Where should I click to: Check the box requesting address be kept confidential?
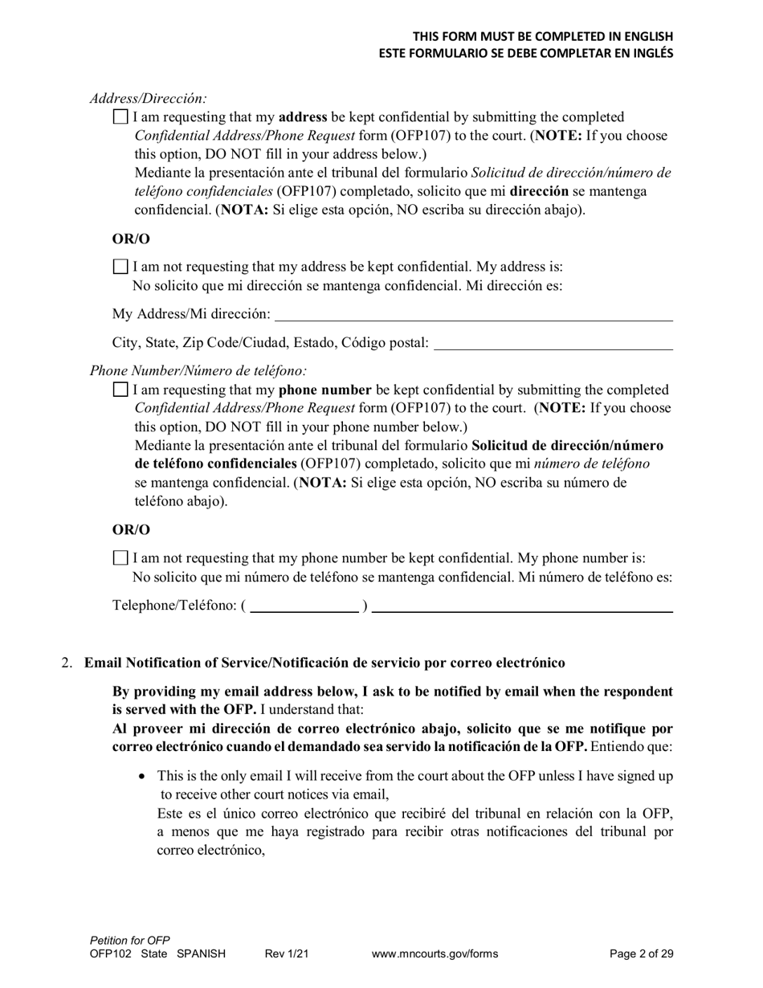(120, 117)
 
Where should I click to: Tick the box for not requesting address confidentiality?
(120, 267)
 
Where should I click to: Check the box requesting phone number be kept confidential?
(120, 390)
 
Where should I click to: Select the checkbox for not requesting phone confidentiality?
(120, 558)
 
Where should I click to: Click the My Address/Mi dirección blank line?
(473, 315)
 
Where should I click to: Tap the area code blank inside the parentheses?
(304, 606)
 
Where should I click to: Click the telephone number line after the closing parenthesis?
(522, 606)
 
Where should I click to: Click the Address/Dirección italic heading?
(148, 99)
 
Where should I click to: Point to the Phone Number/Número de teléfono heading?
(198, 371)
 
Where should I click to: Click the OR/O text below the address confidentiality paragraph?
(131, 239)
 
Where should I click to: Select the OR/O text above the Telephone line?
(131, 530)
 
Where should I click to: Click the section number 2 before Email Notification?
(67, 663)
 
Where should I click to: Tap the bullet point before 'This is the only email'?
(143, 777)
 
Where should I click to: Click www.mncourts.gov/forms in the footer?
(435, 954)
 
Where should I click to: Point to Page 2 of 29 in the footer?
(641, 954)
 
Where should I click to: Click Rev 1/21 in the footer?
(287, 954)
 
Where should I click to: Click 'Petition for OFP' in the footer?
(130, 941)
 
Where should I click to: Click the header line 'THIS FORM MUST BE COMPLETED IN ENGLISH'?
(542, 37)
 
